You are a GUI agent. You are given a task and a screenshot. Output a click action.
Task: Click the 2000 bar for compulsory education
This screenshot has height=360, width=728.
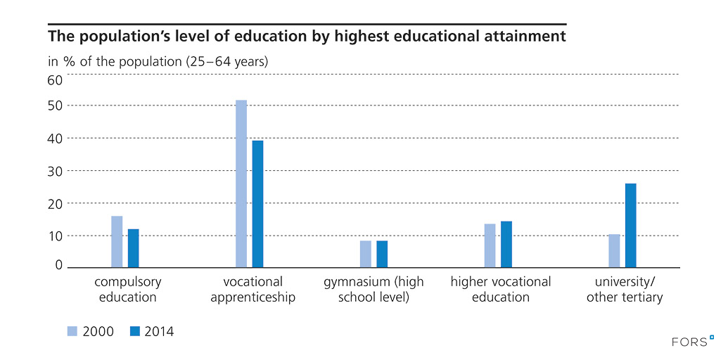pos(117,242)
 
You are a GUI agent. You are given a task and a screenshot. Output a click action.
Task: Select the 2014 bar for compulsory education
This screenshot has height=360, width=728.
pos(134,248)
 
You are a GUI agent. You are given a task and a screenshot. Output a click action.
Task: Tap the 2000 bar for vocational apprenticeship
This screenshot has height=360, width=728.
pos(241,184)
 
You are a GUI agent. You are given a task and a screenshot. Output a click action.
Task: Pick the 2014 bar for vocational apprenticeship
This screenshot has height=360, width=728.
pos(257,204)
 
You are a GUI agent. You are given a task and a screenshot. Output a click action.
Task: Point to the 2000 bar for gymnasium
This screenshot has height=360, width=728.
pos(366,254)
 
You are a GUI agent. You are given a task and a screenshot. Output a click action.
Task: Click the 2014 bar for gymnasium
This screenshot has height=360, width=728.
pos(382,254)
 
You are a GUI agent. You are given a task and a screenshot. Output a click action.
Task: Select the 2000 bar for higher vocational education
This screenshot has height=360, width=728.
pos(490,245)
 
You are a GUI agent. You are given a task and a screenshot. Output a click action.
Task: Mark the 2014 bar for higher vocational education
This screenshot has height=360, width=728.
pos(506,244)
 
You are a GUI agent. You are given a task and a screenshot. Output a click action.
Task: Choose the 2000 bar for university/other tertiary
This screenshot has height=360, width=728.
pos(614,251)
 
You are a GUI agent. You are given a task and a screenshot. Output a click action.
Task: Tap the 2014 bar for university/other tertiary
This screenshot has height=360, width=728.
pos(630,225)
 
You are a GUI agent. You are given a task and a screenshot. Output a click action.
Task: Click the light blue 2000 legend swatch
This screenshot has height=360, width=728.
pos(72,331)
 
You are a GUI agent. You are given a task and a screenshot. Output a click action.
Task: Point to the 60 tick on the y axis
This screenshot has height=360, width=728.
pos(55,80)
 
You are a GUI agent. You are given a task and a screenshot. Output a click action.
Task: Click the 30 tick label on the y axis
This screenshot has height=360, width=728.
pos(55,171)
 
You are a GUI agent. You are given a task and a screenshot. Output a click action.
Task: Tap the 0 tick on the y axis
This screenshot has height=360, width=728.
pos(59,265)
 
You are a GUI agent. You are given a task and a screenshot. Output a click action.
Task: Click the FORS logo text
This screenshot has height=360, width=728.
pos(687,342)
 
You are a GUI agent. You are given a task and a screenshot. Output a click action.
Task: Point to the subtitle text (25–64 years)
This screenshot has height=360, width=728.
pos(226,61)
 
